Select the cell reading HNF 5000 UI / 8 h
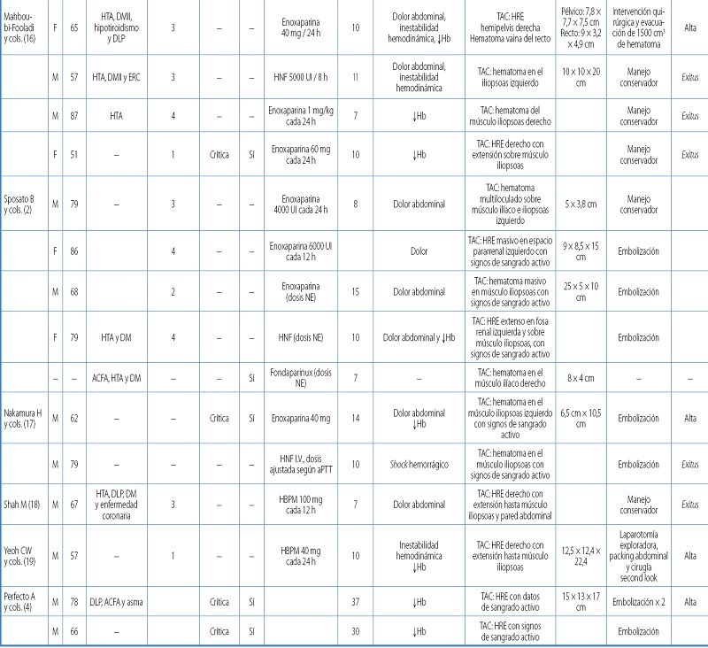tap(296, 78)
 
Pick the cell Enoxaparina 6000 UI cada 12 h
tap(296, 251)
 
